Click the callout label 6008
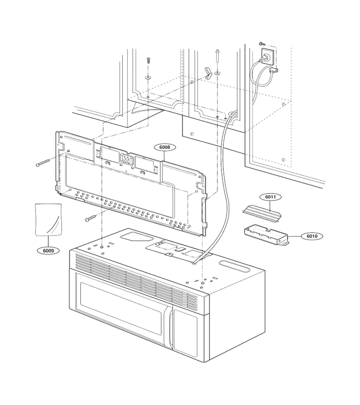tap(165, 147)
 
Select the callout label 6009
tap(48, 250)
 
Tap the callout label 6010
tap(312, 236)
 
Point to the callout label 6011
tap(270, 197)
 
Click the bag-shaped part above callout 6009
tap(49, 219)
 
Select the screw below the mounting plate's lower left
tap(92, 218)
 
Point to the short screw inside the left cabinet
tap(148, 60)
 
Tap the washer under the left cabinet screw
tap(148, 77)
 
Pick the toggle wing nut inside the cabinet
tap(208, 73)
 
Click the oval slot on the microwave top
tap(235, 266)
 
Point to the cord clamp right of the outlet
tap(274, 69)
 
